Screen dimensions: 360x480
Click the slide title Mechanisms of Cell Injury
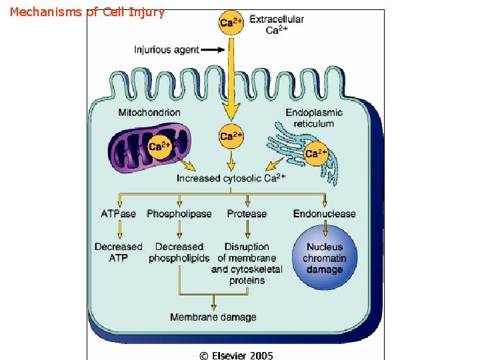tap(87, 12)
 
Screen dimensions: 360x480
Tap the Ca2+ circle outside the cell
tap(231, 23)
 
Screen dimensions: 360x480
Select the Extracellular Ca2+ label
tap(276, 24)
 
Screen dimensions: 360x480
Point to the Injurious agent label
tap(167, 50)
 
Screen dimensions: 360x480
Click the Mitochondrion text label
tap(149, 112)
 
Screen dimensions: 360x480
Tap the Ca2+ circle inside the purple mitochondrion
tap(159, 147)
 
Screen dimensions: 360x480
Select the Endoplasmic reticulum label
tap(313, 118)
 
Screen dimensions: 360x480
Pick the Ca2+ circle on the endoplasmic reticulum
tap(316, 153)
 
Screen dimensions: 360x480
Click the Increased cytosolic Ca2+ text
tap(231, 178)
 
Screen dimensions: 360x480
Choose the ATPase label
tap(118, 214)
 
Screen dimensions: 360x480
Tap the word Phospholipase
tap(179, 214)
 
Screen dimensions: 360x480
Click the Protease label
tap(247, 214)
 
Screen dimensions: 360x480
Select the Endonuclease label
tap(324, 214)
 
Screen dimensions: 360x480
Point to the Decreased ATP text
tap(119, 252)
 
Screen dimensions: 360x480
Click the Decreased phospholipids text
tap(179, 252)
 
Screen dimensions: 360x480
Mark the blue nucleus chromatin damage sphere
tap(325, 257)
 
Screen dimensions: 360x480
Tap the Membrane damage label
tap(213, 317)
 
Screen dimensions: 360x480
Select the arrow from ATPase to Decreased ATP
tap(119, 230)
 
